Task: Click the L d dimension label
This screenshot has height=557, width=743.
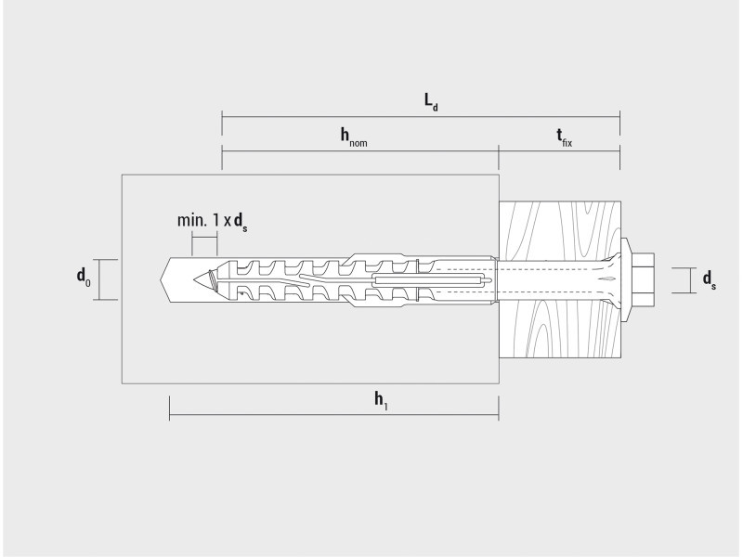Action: point(431,102)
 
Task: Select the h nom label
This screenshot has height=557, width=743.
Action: point(354,136)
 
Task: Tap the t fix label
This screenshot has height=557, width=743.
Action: point(564,137)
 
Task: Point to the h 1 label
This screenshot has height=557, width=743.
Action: point(382,400)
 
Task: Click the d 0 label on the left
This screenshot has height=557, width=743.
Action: point(84,277)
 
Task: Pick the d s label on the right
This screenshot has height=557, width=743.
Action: point(710,279)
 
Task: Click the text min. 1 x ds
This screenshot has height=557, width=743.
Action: point(213,221)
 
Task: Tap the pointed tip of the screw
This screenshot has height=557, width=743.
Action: point(194,280)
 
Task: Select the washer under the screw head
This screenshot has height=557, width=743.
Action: point(625,280)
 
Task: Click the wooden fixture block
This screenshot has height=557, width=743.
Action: point(560,279)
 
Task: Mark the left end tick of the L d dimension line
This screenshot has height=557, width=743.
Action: point(222,117)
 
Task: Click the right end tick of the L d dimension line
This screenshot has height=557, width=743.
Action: point(619,117)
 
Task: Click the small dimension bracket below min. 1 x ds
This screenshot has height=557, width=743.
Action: point(204,238)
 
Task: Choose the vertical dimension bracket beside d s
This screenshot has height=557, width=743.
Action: point(683,280)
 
